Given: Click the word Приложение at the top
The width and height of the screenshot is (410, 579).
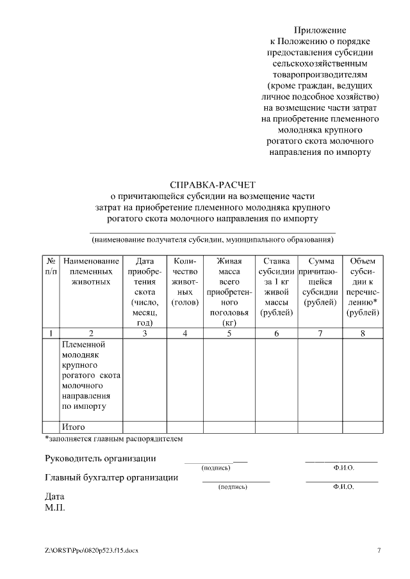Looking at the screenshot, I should (320, 30).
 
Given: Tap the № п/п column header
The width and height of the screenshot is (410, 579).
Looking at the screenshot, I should (51, 266).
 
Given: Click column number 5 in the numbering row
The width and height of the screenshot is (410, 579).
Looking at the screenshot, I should (229, 333).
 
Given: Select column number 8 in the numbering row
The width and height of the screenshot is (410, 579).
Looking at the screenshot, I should (363, 333).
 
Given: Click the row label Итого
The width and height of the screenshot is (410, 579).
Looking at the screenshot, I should (74, 427).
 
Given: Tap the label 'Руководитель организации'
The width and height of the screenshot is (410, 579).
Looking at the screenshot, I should (100, 459).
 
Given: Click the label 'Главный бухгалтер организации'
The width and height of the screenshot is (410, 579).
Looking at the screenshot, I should (111, 477).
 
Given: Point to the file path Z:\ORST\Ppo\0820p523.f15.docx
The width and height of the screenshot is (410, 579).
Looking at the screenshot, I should (91, 550).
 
